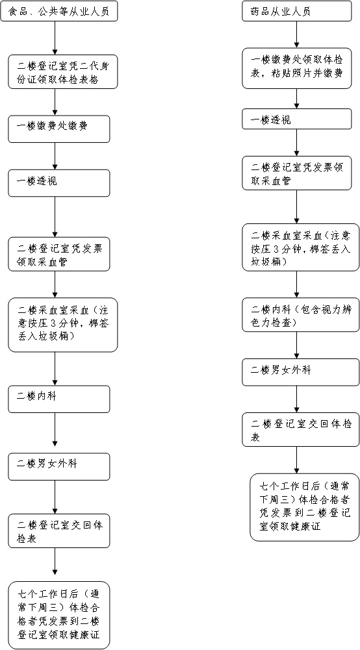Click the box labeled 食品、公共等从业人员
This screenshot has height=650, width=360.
tap(59, 12)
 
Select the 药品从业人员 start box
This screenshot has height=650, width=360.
tap(296, 12)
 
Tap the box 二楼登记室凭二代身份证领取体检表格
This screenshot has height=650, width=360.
tap(63, 71)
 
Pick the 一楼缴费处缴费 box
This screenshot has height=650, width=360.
tap(59, 129)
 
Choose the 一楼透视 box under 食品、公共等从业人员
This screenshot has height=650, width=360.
tap(59, 183)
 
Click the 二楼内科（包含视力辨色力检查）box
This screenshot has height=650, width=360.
tap(301, 315)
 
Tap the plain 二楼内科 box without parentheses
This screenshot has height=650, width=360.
tap(59, 399)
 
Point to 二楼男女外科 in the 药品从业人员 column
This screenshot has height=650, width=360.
tap(296, 372)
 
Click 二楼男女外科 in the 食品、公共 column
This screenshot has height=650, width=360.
tap(59, 466)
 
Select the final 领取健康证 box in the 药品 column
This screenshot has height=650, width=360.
tap(304, 507)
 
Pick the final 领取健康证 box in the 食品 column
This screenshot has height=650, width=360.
tap(59, 615)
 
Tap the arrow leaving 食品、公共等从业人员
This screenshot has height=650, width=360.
tap(55, 38)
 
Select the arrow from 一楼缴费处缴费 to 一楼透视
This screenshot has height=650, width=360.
tap(55, 156)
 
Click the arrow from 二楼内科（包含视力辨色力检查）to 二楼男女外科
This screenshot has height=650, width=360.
tap(296, 345)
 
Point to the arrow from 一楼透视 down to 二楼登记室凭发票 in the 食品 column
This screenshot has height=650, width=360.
tap(55, 217)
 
